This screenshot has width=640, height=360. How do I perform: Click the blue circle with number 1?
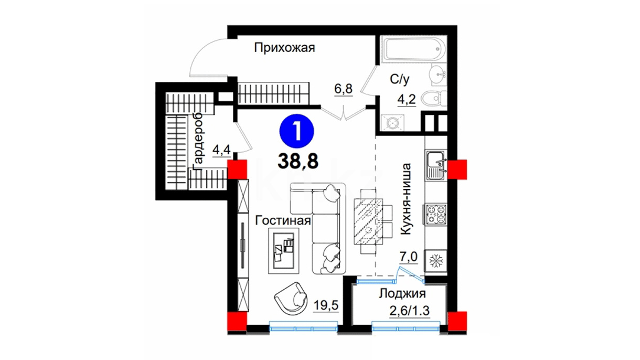tap(296, 131)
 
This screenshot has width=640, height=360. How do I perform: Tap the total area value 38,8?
tap(298, 162)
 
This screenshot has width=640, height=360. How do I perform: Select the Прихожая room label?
tap(284, 48)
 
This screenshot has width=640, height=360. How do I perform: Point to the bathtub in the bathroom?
tap(413, 49)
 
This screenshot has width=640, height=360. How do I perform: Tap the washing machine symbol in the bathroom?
tap(392, 123)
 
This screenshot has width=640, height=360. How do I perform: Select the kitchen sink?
tap(436, 165)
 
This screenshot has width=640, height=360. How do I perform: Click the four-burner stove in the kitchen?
tap(435, 214)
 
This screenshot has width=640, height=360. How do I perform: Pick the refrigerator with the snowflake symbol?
tap(436, 261)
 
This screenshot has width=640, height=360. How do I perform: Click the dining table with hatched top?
tap(368, 221)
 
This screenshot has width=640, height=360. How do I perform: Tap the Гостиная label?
tap(283, 220)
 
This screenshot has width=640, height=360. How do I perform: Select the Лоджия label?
tap(402, 294)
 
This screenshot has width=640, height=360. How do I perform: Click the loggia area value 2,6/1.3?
tap(409, 311)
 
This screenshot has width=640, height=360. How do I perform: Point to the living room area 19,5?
tap(326, 305)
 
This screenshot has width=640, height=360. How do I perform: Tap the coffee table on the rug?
tap(283, 251)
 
